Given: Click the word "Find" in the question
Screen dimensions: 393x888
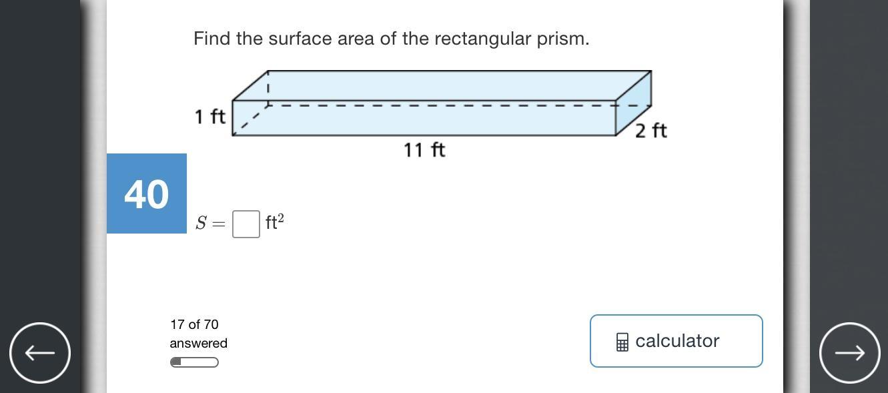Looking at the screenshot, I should point(211,39).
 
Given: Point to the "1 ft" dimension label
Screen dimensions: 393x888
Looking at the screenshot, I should point(210,117).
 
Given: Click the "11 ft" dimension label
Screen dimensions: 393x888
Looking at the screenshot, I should point(424,150).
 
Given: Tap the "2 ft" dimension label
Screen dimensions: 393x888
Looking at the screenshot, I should point(650,131).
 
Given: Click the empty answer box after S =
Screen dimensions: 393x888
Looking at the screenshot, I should point(246,224).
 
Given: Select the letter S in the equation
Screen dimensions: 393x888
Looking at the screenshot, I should point(201,224).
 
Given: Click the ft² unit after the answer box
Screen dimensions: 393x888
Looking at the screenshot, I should point(274,222).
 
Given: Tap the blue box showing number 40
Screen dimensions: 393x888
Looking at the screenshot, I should point(147,193).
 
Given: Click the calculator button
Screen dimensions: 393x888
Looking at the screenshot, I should point(676,341).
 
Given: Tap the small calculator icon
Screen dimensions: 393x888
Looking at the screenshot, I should point(622,342).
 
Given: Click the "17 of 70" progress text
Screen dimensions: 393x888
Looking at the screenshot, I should point(194,324).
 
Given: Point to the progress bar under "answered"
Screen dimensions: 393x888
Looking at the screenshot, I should point(194,362).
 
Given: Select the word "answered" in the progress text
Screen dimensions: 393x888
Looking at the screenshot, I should point(198,343).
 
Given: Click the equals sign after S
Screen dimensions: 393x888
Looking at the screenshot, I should point(218,224).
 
